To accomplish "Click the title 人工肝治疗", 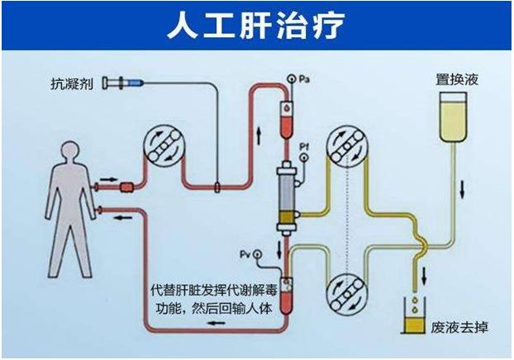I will (x=256, y=26).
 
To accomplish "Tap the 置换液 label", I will (x=458, y=81).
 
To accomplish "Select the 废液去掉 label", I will (x=459, y=327).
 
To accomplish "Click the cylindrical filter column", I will (x=288, y=196).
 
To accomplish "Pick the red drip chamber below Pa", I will (x=286, y=118).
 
